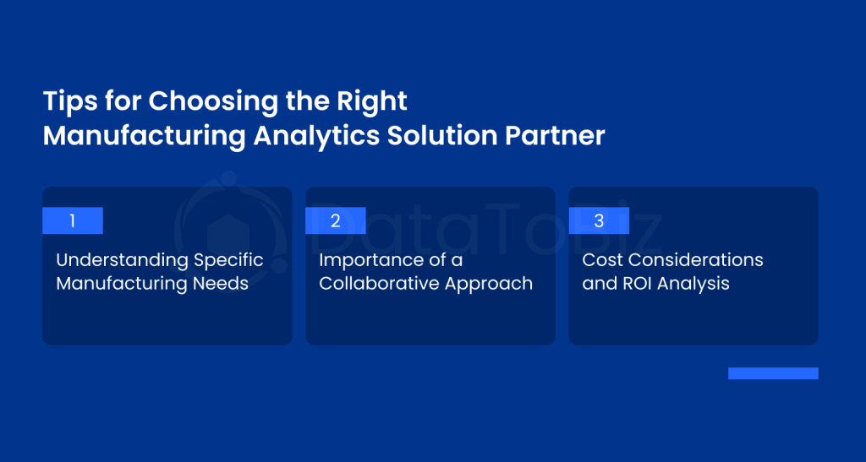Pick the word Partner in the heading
(555, 136)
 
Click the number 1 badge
(73, 220)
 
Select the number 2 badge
(336, 220)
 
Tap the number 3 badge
(599, 220)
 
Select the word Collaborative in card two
(379, 284)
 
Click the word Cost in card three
(600, 259)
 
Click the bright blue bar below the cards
(773, 373)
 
